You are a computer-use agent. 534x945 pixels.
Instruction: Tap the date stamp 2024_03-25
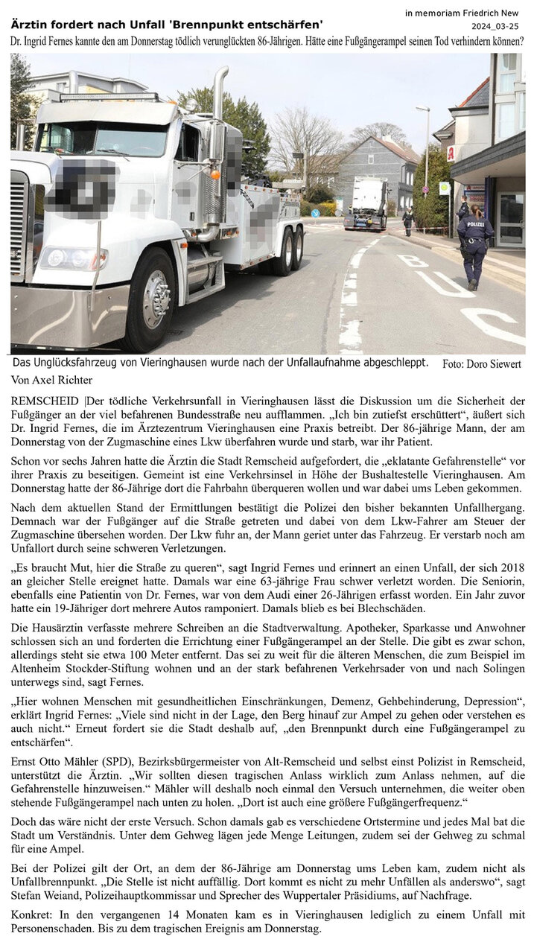(x=493, y=26)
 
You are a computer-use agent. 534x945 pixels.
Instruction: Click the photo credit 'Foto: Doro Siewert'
(x=481, y=364)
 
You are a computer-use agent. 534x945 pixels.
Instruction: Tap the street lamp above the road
(x=423, y=109)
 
